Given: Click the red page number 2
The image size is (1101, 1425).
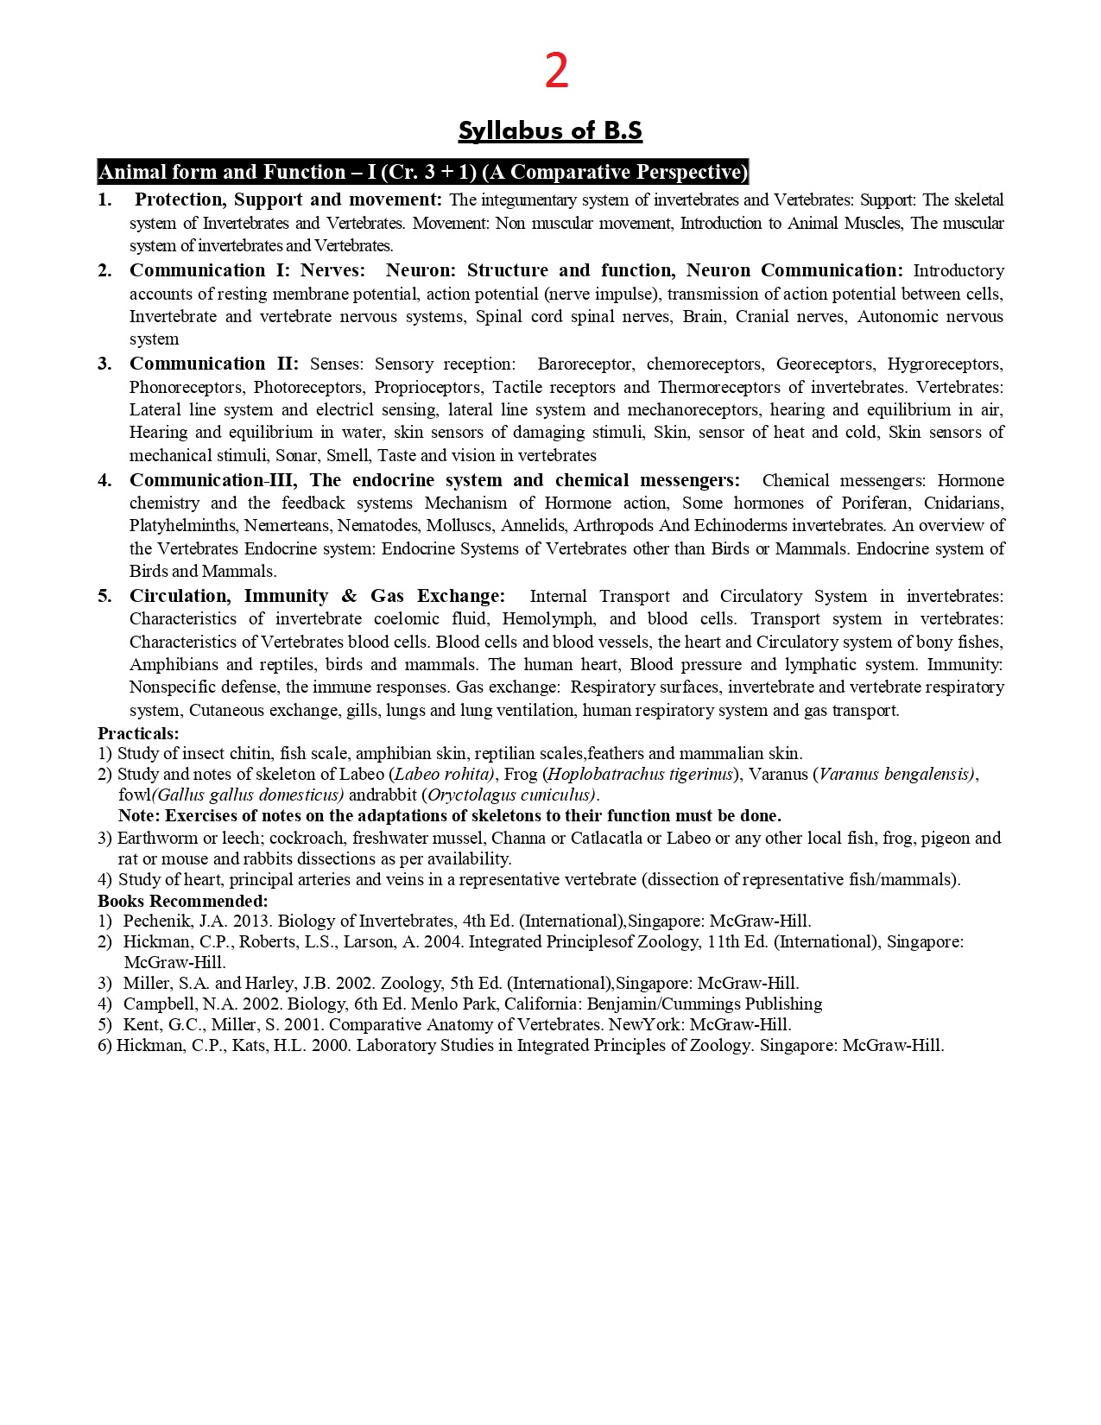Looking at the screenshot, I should pyautogui.click(x=556, y=72).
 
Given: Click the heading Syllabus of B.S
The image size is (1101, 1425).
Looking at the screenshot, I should pyautogui.click(x=550, y=130).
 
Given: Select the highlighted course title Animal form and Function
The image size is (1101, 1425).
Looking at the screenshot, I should pyautogui.click(x=422, y=172).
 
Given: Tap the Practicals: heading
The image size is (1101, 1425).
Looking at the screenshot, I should pyautogui.click(x=138, y=733).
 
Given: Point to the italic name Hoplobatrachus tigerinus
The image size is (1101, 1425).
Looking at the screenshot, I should pyautogui.click(x=640, y=774).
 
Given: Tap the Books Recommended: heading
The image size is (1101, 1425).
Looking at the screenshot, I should pyautogui.click(x=182, y=901).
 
